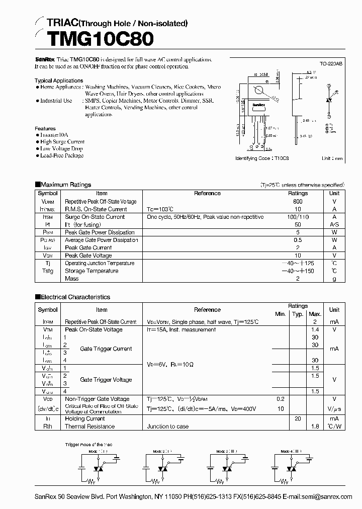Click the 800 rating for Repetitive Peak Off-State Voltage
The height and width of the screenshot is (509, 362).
coord(298,201)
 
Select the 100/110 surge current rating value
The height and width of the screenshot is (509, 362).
coord(298,217)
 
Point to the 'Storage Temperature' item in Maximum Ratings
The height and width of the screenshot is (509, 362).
coord(92,271)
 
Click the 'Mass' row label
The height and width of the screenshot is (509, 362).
coord(72,279)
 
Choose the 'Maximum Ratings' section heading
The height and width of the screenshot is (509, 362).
coord(65,185)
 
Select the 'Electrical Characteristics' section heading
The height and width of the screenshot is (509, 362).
coord(75,297)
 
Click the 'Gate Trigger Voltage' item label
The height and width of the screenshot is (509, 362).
coord(106,380)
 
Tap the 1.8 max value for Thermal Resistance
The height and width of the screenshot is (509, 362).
coord(315,427)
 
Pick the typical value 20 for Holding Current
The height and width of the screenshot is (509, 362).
coord(298,418)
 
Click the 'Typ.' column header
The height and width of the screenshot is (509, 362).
coord(298,314)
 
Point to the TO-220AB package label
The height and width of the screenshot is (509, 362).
coord(331,64)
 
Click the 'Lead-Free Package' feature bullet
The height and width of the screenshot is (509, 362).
coord(62,156)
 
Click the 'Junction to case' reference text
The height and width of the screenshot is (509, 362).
coord(167,427)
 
